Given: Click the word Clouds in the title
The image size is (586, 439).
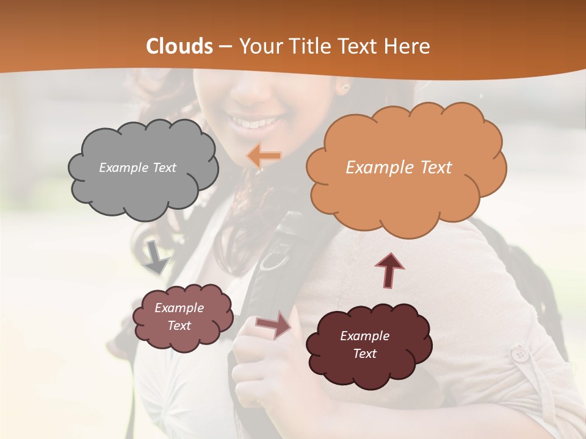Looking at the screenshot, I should [x=179, y=46].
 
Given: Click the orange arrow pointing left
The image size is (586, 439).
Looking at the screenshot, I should [x=264, y=156].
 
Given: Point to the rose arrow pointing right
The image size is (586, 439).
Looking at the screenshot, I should [x=273, y=324].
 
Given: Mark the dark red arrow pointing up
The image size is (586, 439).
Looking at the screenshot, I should [x=389, y=270].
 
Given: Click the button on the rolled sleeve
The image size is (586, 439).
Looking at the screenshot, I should [x=519, y=354].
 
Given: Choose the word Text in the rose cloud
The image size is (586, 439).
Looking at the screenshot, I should [x=179, y=326].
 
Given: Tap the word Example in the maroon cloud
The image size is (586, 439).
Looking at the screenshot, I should [x=364, y=336].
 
